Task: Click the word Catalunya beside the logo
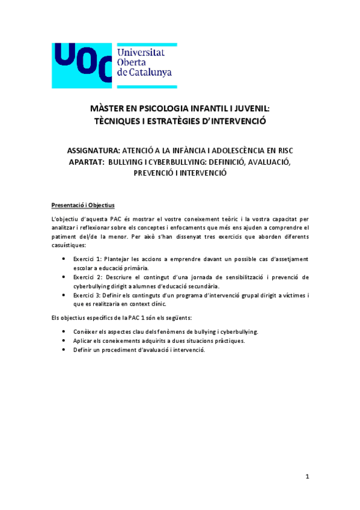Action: [x=152, y=72]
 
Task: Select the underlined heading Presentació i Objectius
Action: [x=82, y=204]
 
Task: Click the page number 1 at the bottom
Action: [x=307, y=477]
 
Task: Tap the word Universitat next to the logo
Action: [x=142, y=52]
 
